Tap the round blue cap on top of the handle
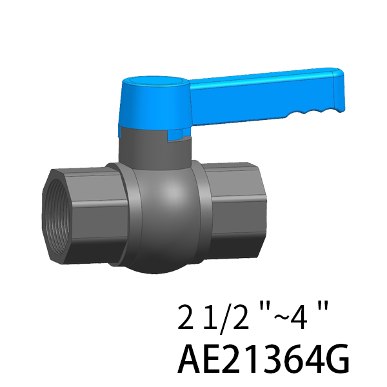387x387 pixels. click(x=155, y=81)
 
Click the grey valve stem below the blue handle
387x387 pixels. click(x=155, y=151)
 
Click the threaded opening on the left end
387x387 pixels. click(x=56, y=217)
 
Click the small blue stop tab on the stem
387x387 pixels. click(x=175, y=135)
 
